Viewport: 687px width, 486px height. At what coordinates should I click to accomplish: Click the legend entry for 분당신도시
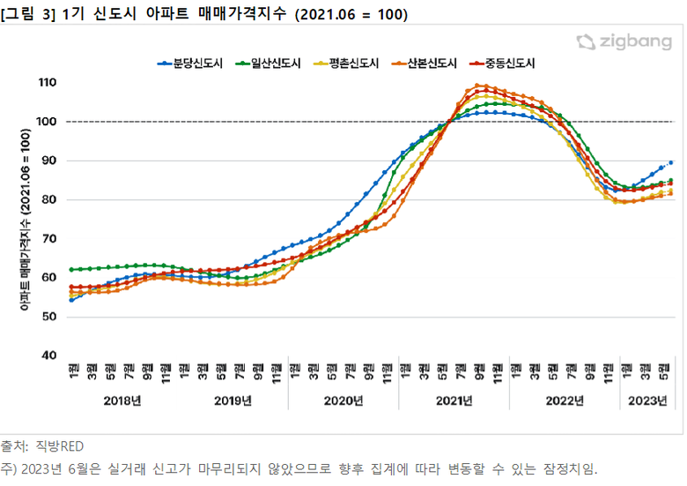[196, 63]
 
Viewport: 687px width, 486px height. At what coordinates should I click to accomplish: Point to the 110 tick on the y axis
[47, 83]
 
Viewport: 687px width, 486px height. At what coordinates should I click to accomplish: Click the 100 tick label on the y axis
[47, 122]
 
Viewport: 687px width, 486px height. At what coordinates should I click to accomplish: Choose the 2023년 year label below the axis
[646, 400]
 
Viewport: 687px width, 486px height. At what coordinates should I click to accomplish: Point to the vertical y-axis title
[26, 221]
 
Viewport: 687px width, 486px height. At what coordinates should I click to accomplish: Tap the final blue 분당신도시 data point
[671, 162]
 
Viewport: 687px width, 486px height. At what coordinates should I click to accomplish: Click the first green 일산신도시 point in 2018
[71, 269]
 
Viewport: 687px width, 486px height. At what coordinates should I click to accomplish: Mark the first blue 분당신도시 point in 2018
[71, 300]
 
